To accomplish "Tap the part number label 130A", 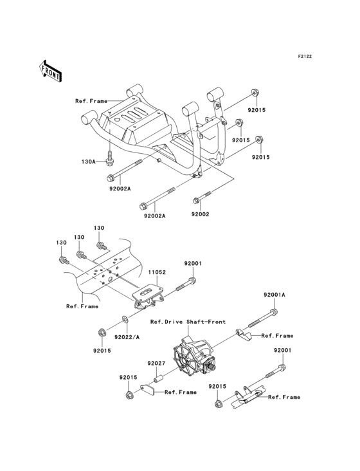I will [88, 162].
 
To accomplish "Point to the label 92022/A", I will [127, 336].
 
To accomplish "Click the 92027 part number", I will [156, 364].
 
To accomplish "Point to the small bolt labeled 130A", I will [111, 156].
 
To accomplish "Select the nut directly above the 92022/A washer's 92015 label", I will [102, 332].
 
